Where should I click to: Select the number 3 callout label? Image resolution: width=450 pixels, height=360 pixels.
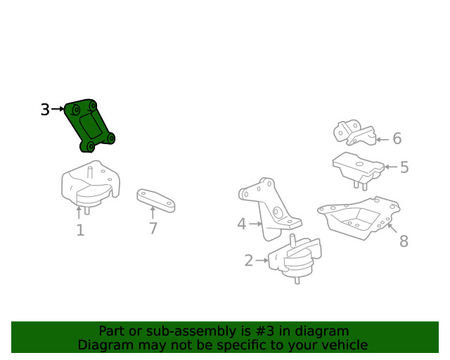[45, 110]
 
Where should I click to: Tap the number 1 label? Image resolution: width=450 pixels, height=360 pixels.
[80, 231]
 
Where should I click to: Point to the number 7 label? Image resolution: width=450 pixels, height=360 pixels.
[153, 229]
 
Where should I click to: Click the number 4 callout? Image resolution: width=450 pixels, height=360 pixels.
[241, 224]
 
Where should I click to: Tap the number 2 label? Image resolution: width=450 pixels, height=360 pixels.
[248, 261]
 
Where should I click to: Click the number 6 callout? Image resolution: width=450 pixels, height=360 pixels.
[397, 139]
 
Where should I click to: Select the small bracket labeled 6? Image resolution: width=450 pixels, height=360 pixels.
[354, 134]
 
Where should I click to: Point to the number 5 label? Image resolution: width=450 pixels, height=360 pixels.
[404, 168]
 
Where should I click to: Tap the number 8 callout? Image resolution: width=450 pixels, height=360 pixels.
[404, 242]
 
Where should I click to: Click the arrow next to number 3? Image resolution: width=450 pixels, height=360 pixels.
[58, 110]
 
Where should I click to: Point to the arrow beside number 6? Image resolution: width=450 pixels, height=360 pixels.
[382, 139]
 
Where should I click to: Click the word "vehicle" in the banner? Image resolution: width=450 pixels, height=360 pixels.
[343, 345]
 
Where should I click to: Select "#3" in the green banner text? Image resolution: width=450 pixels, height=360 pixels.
[249, 331]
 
